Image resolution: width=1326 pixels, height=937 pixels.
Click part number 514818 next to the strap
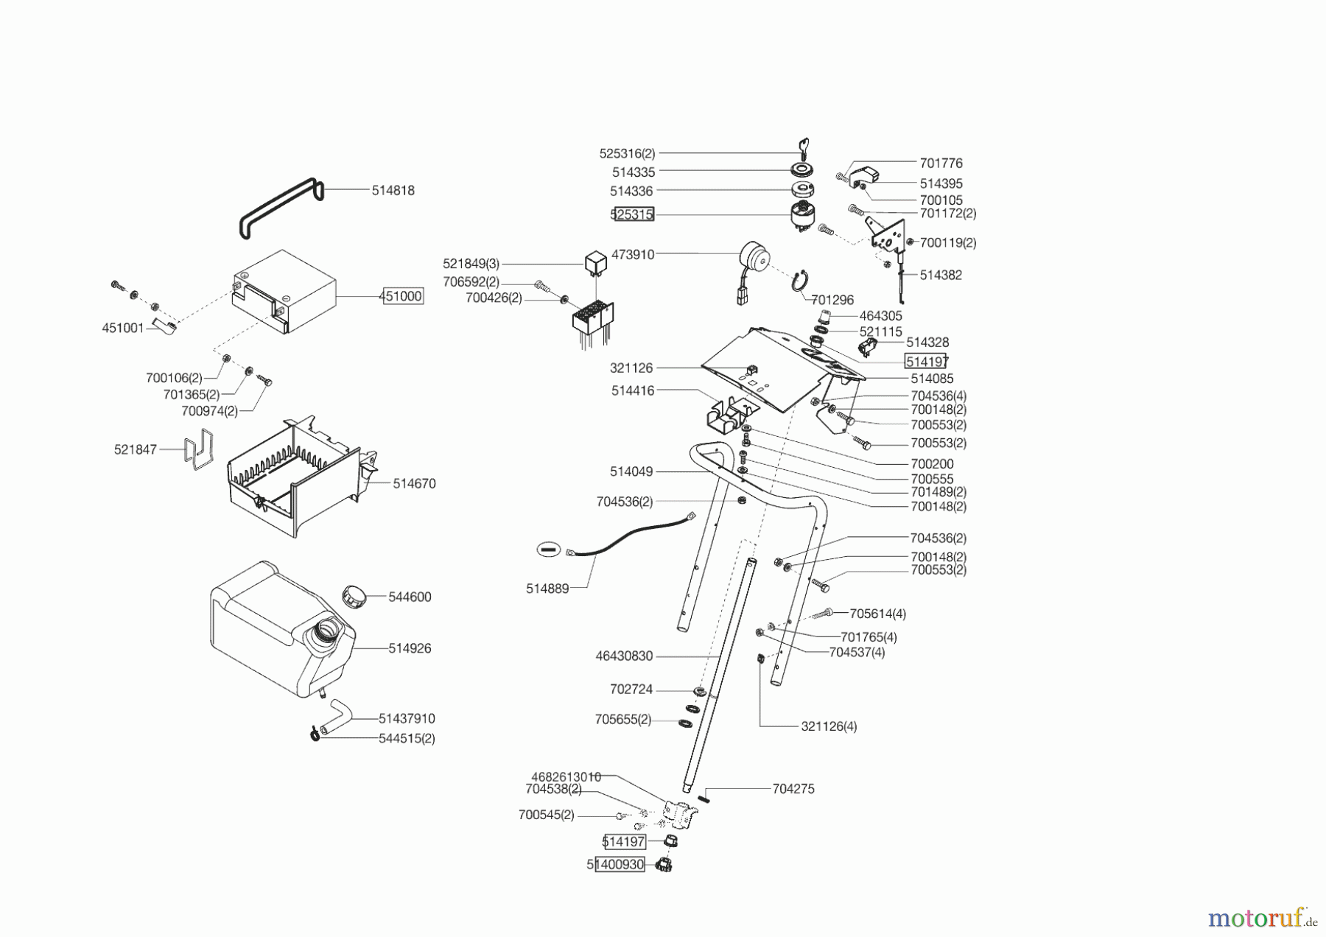point(393,190)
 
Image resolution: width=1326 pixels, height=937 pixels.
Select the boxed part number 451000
point(401,296)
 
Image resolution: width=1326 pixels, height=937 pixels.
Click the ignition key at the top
point(803,147)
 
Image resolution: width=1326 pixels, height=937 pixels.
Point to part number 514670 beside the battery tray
point(414,483)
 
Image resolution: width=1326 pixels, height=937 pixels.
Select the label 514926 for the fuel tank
point(410,648)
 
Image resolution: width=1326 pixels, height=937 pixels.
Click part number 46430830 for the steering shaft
point(624,656)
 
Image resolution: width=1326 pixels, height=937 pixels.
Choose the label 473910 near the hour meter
point(633,254)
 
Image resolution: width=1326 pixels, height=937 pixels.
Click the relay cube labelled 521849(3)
point(595,262)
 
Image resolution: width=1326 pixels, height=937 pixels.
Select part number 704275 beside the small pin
point(793,788)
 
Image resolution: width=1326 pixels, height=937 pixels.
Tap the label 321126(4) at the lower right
point(829,726)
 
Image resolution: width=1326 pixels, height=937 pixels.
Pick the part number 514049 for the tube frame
point(631,471)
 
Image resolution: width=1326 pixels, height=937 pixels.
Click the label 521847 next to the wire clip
point(136,449)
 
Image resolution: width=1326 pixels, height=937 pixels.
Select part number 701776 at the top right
point(941,163)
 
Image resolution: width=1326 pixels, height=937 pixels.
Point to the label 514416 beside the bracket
point(633,390)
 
